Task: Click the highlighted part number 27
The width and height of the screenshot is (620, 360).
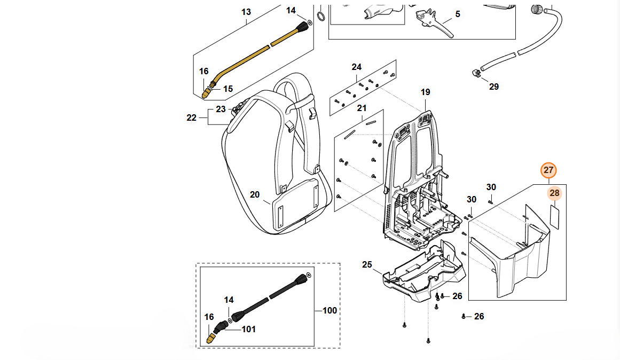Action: tap(549, 170)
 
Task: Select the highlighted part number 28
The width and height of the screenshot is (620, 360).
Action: tap(554, 193)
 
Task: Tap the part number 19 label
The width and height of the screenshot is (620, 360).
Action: tap(425, 92)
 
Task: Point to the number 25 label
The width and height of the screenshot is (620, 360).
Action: tap(367, 264)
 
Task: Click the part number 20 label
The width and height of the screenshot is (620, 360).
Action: tap(255, 194)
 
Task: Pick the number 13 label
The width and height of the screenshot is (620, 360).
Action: tap(246, 12)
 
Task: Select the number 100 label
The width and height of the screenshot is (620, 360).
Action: tap(330, 310)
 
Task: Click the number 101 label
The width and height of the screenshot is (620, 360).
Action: tap(249, 329)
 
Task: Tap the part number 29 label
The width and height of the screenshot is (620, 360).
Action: tap(494, 87)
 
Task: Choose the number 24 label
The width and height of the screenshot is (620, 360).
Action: tap(356, 67)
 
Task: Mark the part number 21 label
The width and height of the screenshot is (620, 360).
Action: tap(362, 108)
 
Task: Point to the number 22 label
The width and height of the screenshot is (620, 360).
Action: tap(192, 118)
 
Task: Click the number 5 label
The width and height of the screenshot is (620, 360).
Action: tap(458, 14)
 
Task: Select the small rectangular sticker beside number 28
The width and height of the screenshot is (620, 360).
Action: tap(554, 218)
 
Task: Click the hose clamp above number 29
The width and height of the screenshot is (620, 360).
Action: tap(474, 73)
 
